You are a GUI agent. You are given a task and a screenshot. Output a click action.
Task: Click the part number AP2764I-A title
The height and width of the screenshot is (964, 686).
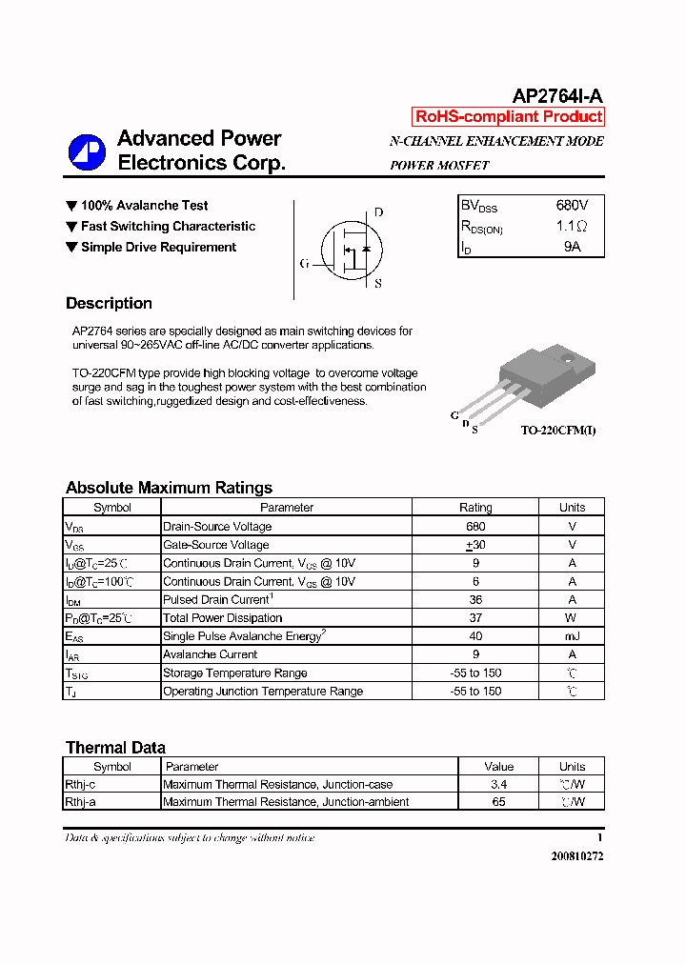click(x=557, y=95)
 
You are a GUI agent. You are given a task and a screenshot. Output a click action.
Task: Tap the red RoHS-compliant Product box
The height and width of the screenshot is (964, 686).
click(x=509, y=117)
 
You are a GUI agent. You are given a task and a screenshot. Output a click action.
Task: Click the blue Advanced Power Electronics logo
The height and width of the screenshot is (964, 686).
click(x=87, y=152)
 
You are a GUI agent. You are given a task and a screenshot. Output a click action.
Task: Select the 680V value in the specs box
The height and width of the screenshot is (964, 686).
click(x=572, y=206)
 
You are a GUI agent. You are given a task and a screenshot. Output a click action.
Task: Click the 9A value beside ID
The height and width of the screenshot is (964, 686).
click(x=572, y=247)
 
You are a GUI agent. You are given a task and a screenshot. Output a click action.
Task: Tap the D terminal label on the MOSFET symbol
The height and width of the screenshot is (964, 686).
click(x=378, y=212)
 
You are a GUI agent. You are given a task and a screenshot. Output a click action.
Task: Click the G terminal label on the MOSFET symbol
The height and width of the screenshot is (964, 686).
click(x=304, y=264)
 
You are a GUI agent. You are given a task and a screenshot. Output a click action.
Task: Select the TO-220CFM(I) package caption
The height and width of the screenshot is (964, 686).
click(x=558, y=431)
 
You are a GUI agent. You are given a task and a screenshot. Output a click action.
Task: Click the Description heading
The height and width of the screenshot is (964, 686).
click(x=109, y=304)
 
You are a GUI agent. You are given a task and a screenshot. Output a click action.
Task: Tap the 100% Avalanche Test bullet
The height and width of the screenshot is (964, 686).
click(x=144, y=206)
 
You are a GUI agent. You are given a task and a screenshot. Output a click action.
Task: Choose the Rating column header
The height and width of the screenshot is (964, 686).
click(x=475, y=508)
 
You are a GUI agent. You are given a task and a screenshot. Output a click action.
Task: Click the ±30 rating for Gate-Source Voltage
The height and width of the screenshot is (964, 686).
click(x=475, y=545)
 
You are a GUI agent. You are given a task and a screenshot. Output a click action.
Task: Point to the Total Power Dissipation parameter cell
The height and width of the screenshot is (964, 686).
click(x=222, y=618)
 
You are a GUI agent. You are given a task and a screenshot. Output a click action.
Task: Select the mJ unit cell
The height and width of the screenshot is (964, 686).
click(x=572, y=636)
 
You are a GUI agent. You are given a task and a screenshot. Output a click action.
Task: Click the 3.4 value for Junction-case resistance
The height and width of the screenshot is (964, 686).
click(x=498, y=785)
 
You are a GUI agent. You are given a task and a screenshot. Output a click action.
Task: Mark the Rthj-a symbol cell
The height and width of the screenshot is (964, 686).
click(x=80, y=802)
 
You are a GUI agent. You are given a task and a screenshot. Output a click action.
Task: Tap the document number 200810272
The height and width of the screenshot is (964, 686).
click(x=576, y=856)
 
